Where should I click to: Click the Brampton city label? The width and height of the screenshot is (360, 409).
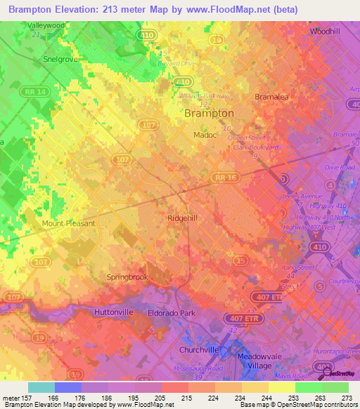[209, 112]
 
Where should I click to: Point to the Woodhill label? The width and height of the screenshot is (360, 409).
[325, 32]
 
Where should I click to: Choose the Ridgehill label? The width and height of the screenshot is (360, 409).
[185, 218]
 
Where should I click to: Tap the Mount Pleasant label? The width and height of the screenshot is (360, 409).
[68, 223]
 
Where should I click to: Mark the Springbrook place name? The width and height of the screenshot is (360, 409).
[127, 277]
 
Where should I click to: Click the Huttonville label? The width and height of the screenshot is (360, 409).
[113, 311]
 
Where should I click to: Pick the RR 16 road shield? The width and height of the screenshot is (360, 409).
[226, 178]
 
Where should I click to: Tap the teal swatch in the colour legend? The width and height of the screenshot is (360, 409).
[41, 387]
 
